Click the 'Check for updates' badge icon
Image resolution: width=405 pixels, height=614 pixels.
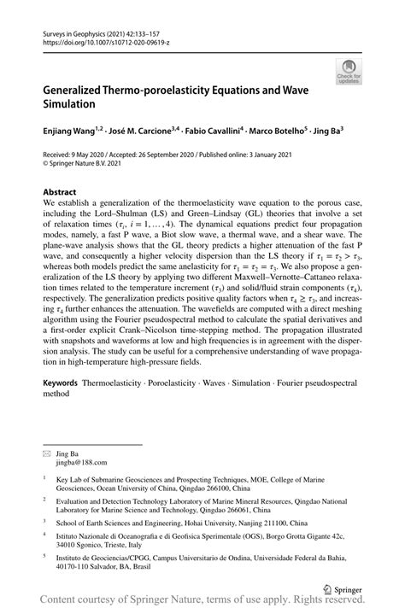[x=348, y=72]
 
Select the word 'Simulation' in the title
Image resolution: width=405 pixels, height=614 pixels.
[x=74, y=103]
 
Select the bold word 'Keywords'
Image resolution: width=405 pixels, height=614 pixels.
[x=61, y=384]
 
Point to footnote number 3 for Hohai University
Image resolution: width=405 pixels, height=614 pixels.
[x=44, y=518]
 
